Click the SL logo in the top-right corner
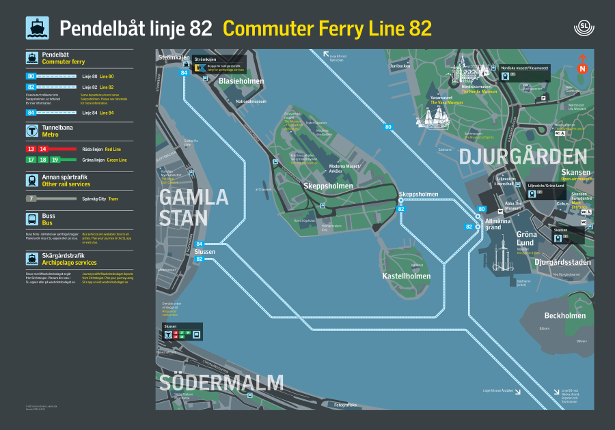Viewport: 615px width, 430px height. click(x=584, y=29)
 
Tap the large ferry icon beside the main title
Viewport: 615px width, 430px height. click(x=37, y=28)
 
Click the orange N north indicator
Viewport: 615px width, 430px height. click(x=583, y=68)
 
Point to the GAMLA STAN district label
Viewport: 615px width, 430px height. click(x=184, y=207)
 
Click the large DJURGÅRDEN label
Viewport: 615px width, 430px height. click(x=523, y=156)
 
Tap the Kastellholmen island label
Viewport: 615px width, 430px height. click(x=406, y=276)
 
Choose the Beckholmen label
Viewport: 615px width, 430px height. click(x=564, y=316)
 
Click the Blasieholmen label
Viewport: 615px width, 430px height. click(x=241, y=81)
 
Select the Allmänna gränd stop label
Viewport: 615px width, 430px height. click(x=497, y=224)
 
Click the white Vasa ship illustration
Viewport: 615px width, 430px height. click(x=437, y=118)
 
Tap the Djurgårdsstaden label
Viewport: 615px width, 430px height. click(x=562, y=262)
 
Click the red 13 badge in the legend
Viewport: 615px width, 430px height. click(x=31, y=148)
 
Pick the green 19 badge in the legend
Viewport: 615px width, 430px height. click(x=55, y=159)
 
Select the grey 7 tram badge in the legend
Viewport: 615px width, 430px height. click(x=31, y=199)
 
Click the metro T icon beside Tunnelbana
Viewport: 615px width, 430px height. click(x=31, y=130)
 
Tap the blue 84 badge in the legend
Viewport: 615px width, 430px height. click(x=31, y=112)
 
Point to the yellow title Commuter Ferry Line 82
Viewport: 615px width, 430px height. click(x=327, y=29)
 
